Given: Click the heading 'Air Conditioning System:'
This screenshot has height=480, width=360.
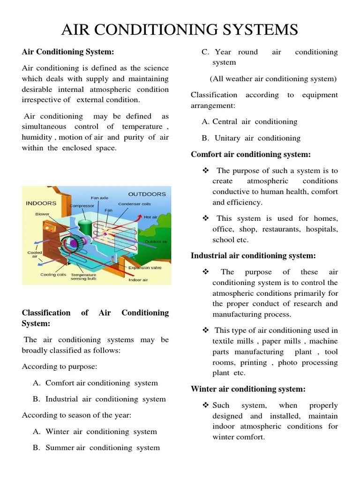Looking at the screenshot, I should [x=68, y=52].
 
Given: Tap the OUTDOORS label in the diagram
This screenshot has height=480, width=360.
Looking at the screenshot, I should [x=147, y=194].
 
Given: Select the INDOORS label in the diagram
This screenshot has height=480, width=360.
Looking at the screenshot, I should [x=41, y=203].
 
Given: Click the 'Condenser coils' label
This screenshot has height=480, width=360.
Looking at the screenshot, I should [x=135, y=204].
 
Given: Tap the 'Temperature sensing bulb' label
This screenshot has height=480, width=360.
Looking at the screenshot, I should [x=83, y=277].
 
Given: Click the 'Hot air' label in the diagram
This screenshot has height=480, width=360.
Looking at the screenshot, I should [x=150, y=217].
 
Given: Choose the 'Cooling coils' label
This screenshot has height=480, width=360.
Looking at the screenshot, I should [x=53, y=275].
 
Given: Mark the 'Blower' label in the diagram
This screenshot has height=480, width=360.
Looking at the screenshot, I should [x=42, y=214].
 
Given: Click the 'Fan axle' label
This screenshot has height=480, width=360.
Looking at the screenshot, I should [x=99, y=198].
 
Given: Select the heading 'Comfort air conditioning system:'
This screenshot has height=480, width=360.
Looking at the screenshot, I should [x=251, y=154].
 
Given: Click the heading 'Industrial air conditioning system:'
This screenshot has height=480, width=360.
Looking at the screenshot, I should [x=253, y=255].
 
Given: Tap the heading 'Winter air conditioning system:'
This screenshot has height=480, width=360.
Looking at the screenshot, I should [x=248, y=389].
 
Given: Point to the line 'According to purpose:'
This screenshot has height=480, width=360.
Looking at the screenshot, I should [x=60, y=367].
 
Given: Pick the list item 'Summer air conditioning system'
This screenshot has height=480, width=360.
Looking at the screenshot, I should [x=103, y=448].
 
